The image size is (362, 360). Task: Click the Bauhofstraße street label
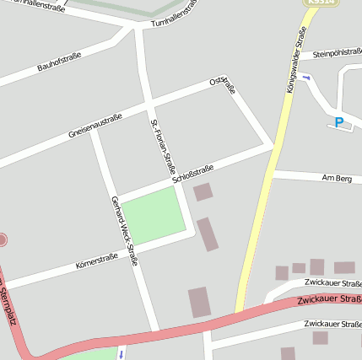tap(59, 62)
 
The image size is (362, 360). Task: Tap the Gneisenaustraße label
tap(95, 126)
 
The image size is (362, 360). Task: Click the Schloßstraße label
tap(193, 174)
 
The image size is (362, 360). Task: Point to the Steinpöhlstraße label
tap(337, 54)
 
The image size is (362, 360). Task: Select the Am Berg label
tap(337, 179)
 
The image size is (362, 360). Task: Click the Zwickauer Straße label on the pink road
tap(329, 300)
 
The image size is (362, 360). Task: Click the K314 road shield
tap(315, 3)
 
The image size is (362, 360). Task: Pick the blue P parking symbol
tap(339, 123)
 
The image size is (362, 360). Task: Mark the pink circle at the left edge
tap(2, 240)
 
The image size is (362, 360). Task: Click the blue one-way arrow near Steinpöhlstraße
tap(306, 78)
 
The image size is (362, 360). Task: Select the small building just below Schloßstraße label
tap(203, 192)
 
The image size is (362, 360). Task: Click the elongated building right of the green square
tap(208, 234)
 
